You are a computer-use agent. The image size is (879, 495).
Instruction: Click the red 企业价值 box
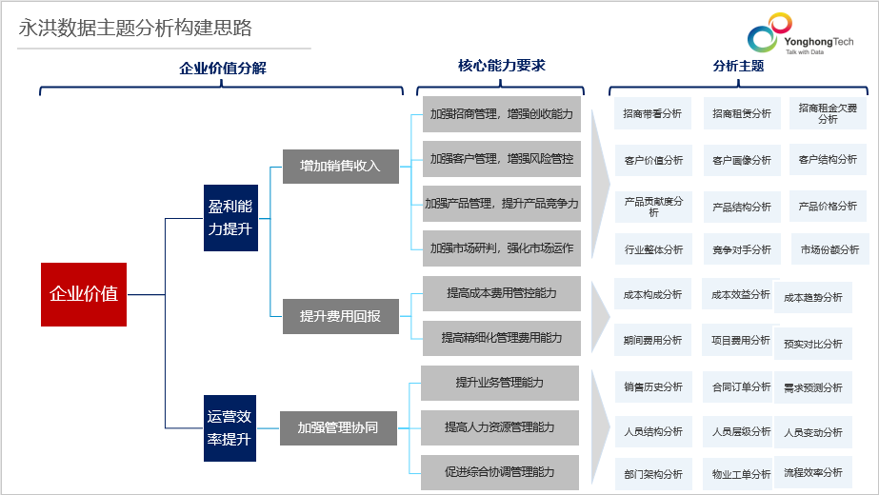click(84, 294)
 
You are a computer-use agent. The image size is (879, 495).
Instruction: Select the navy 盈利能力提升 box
click(230, 218)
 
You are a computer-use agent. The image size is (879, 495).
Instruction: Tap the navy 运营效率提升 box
click(230, 428)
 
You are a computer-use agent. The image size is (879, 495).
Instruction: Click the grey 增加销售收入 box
click(340, 167)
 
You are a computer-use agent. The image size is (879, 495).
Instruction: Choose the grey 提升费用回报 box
click(340, 317)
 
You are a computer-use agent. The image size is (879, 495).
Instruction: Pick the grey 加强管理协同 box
click(338, 428)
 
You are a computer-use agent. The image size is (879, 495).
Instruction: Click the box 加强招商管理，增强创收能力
click(501, 114)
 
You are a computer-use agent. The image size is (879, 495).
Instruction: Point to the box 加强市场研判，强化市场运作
click(501, 248)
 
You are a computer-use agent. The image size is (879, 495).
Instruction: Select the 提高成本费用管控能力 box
click(501, 293)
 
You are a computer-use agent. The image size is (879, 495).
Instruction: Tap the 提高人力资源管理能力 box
click(499, 427)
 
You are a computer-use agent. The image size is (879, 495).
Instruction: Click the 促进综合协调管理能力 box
click(499, 472)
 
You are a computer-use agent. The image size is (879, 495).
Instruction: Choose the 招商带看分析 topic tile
click(652, 114)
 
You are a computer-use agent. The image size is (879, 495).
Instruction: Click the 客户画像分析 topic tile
click(742, 160)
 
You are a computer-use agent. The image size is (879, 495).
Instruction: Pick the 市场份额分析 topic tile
click(829, 250)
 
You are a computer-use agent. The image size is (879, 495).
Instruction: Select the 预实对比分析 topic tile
click(813, 344)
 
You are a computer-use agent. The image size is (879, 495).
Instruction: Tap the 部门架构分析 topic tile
click(653, 475)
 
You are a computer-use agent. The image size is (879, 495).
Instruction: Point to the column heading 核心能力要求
click(502, 66)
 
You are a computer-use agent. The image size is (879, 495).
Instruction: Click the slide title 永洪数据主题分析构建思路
click(135, 28)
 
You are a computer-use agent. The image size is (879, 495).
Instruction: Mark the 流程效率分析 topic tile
click(813, 472)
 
